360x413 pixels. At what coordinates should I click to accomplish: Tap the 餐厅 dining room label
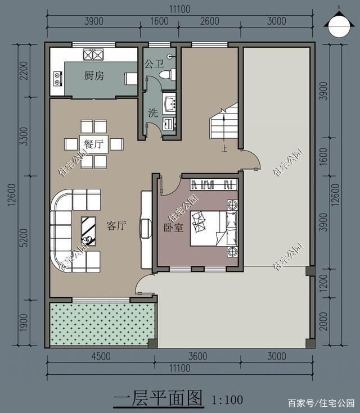93,144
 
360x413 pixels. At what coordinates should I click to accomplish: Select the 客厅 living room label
116,226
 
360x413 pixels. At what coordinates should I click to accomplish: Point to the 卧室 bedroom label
174,228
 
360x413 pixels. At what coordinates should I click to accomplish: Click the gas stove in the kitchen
93,55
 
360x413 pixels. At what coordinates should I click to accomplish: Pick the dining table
93,144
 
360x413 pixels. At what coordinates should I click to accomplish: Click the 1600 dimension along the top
160,21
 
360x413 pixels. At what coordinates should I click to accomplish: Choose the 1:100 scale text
227,400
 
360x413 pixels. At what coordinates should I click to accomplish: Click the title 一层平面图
157,399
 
